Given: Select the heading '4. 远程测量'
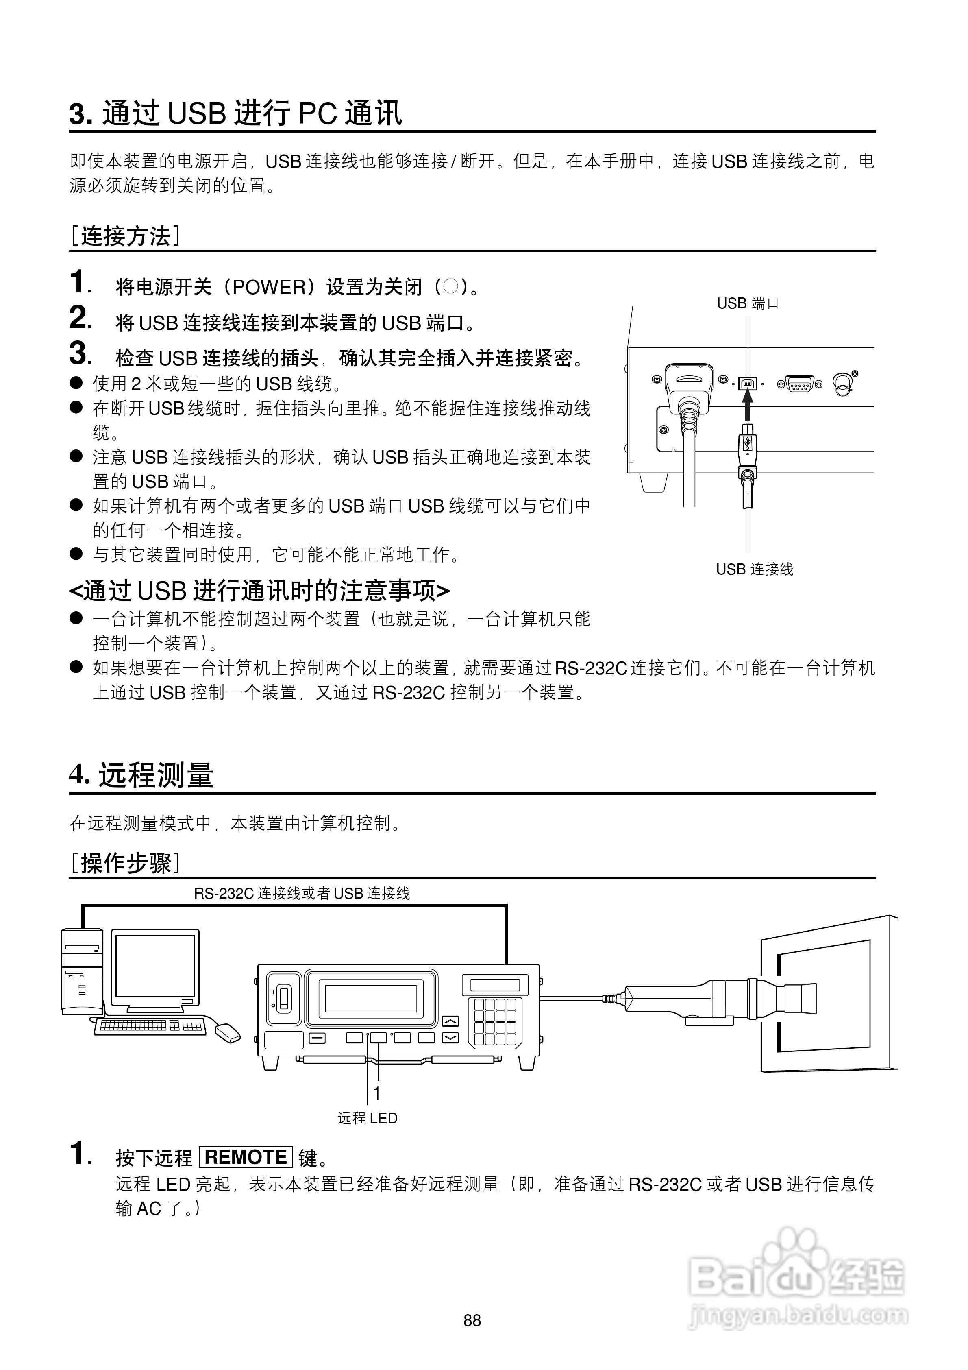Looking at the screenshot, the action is (141, 775).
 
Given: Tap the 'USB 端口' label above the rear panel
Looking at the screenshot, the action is (747, 304).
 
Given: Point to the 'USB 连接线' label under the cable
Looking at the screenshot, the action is (755, 569).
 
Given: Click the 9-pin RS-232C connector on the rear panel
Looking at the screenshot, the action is (799, 384).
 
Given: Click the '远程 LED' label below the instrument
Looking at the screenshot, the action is (368, 1118).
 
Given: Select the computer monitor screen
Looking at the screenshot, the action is (155, 966).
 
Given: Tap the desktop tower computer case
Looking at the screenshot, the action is (82, 971).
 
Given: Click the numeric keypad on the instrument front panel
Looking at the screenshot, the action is (495, 1021).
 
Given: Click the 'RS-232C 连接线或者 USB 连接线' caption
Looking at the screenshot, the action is (302, 893).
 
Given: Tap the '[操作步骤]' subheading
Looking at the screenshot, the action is (125, 863).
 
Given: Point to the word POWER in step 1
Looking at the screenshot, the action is (268, 288).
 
